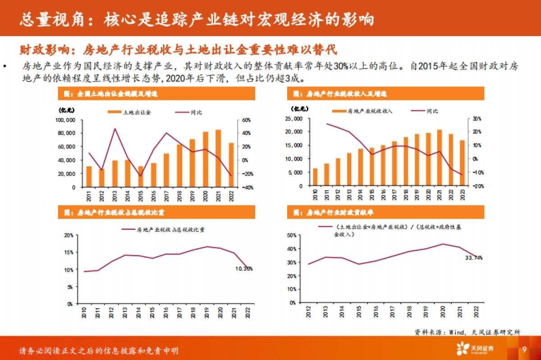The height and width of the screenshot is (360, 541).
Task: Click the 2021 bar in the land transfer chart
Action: click(218, 158)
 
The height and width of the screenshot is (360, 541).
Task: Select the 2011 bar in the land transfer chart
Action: click(89, 177)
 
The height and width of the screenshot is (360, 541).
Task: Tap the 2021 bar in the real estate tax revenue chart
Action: click(439, 158)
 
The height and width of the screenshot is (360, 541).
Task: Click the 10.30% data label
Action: click(244, 269)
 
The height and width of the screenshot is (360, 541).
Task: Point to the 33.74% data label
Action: click(474, 258)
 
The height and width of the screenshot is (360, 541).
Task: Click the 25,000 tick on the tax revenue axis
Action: click(293, 118)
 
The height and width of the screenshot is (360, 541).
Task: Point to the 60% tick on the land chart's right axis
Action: click(246, 120)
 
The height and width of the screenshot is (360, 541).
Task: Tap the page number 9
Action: click(524, 350)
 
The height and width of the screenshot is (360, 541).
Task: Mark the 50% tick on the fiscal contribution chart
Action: click(292, 235)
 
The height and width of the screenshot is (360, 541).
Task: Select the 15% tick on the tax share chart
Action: click(68, 252)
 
